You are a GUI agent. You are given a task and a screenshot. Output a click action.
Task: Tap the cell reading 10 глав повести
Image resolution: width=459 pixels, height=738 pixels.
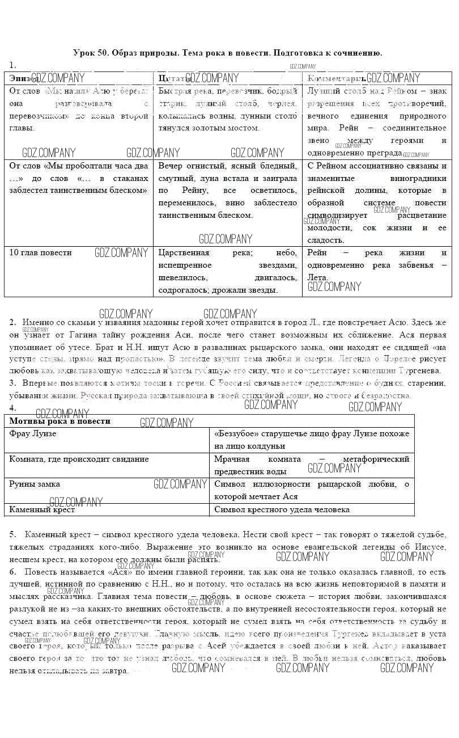[x=41, y=252]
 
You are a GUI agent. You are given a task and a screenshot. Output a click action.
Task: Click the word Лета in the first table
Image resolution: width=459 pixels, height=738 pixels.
[x=317, y=277]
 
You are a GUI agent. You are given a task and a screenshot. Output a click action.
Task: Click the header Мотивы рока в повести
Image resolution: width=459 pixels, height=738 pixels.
[x=59, y=421]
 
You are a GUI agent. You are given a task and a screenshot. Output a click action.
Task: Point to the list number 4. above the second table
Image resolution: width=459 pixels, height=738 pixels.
[x=12, y=407]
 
